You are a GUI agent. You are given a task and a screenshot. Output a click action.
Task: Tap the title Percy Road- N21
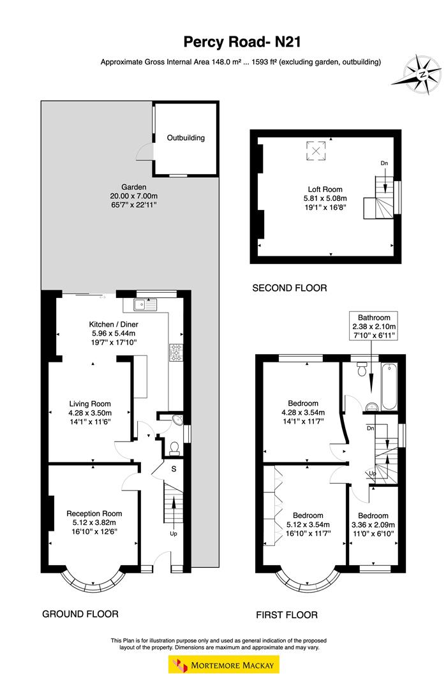[x=241, y=42]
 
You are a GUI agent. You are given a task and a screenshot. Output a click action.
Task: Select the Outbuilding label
[x=186, y=137]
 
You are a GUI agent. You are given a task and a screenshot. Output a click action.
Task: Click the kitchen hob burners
[x=175, y=351]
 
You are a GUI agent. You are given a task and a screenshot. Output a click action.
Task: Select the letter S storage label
[x=174, y=470]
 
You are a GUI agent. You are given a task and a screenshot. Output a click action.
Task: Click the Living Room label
[x=90, y=403]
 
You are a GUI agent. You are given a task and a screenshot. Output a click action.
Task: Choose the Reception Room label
[x=94, y=513]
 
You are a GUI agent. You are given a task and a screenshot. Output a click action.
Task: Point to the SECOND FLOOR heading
[x=289, y=288]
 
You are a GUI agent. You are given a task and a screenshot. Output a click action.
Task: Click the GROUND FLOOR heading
[x=80, y=614]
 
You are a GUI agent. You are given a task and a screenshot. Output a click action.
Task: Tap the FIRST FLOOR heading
[x=286, y=615]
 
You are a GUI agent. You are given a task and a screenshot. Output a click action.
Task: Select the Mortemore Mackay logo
[x=223, y=665]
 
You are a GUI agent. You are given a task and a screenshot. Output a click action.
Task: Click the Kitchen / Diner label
[x=112, y=324]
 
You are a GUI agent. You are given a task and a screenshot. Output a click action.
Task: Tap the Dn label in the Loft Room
[x=384, y=164]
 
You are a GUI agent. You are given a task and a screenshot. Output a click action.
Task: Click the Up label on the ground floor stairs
[x=173, y=533]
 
